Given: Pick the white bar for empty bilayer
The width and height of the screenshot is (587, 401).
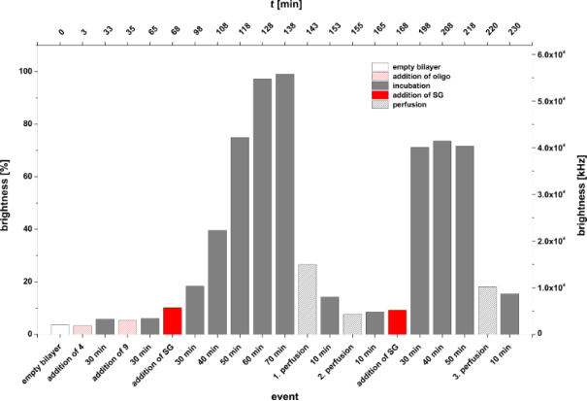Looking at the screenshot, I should coord(60,329).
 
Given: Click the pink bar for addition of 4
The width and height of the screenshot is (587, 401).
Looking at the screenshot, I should coord(82,329).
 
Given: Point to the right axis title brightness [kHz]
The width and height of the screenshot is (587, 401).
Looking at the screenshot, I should coord(578,193).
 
